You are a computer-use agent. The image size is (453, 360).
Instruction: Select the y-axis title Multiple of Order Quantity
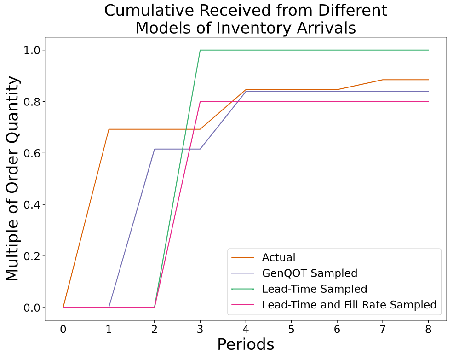pyautogui.click(x=13, y=179)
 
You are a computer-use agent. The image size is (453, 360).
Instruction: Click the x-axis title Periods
pyautogui.click(x=246, y=344)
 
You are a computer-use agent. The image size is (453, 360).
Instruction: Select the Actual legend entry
pyautogui.click(x=279, y=257)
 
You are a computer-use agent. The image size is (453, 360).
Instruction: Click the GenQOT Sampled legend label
pyautogui.click(x=310, y=273)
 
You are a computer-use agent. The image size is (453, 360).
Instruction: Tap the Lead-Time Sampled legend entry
pyautogui.click(x=315, y=289)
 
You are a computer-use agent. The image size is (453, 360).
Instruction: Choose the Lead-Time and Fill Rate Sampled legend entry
pyautogui.click(x=349, y=304)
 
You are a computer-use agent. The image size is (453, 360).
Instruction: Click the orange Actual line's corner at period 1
pyautogui.click(x=109, y=129)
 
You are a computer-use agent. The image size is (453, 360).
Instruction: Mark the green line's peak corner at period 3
pyautogui.click(x=200, y=50)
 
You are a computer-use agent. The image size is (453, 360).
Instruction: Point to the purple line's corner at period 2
pyautogui.click(x=155, y=149)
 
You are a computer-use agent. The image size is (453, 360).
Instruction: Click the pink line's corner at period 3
pyautogui.click(x=200, y=101)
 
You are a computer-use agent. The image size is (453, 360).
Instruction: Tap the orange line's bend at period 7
pyautogui.click(x=383, y=80)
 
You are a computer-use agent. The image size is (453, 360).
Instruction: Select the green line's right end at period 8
pyautogui.click(x=428, y=50)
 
